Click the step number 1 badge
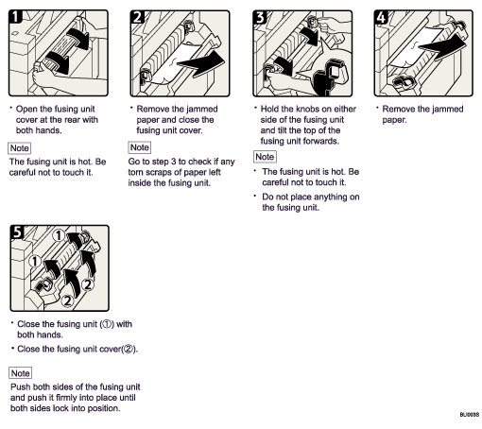pos(16,16)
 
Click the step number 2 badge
pos(139,16)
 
